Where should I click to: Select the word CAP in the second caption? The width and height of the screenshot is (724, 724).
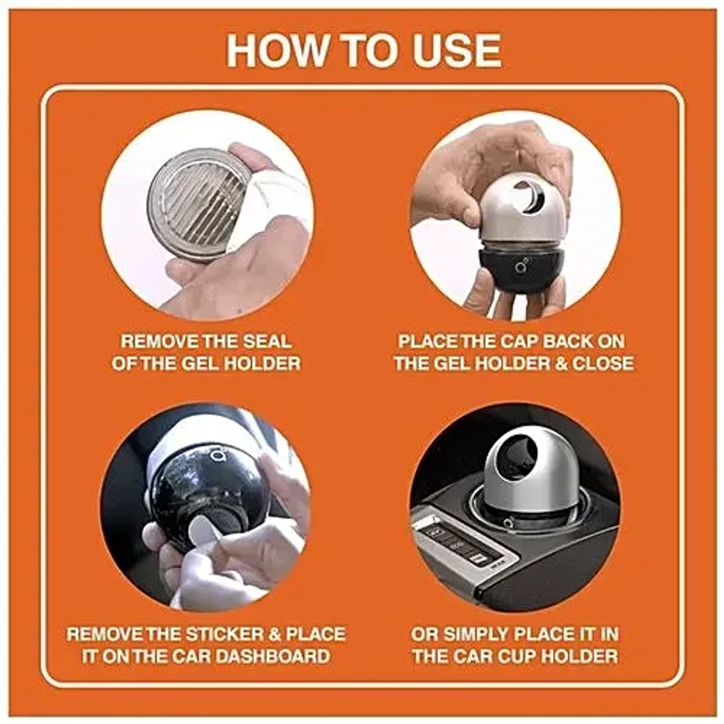click(x=518, y=341)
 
